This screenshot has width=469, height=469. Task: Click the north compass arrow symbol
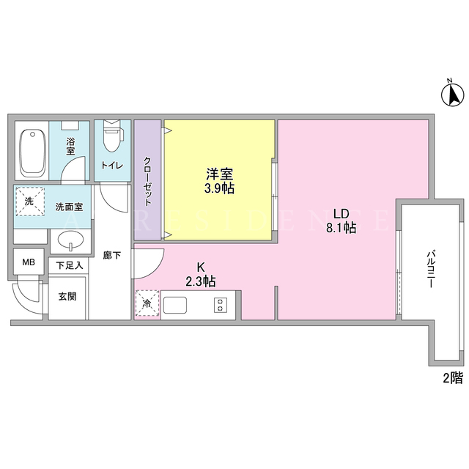(x=453, y=95)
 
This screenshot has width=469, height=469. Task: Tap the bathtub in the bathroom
(x=32, y=152)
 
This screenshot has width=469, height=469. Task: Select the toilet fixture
(x=113, y=135)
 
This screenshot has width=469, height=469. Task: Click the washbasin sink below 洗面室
(x=70, y=241)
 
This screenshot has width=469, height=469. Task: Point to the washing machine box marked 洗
(x=30, y=202)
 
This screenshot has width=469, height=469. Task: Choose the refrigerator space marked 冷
(x=147, y=303)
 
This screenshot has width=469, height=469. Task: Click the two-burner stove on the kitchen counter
(x=221, y=305)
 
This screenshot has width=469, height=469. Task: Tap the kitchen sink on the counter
(x=175, y=305)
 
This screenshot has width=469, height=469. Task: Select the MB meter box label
(x=29, y=262)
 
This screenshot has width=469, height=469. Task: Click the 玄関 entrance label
(x=67, y=296)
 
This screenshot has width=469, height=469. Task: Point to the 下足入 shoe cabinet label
(x=70, y=265)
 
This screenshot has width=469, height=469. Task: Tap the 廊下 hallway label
(x=112, y=256)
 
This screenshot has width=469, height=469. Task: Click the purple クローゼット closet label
(x=147, y=181)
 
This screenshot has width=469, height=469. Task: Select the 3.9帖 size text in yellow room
(x=219, y=188)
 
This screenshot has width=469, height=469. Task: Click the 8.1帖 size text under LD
(x=341, y=228)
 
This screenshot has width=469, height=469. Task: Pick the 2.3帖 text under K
(x=201, y=281)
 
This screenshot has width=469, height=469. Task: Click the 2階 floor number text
(x=453, y=378)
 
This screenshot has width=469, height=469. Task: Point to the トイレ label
(x=112, y=165)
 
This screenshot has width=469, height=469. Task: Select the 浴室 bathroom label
(x=70, y=147)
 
